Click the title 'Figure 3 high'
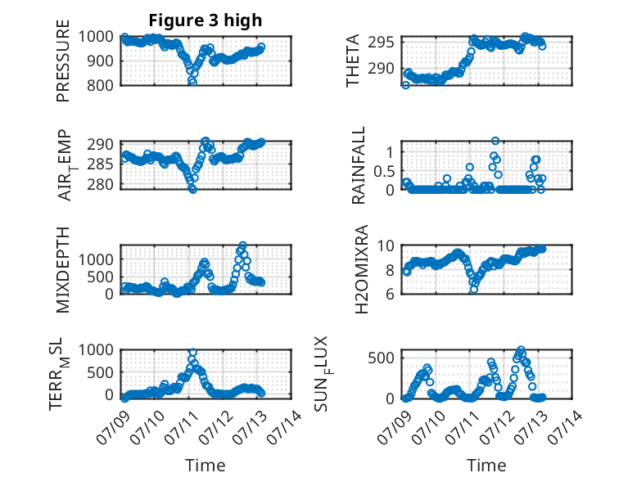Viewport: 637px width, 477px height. pos(206,20)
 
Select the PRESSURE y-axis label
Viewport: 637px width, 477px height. pos(63,61)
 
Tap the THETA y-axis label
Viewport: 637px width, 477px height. pos(353,61)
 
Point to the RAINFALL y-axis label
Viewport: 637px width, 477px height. pos(359,165)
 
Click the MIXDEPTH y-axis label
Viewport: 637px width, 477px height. pos(63,270)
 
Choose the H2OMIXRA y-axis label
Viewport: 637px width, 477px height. pos(361,269)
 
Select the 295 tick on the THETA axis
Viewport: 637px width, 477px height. pos(382,43)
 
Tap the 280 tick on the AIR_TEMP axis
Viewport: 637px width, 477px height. pos(100,185)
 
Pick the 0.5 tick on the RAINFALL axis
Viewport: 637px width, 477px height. pos(384,171)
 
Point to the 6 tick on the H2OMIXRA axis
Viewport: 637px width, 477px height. pos(390,294)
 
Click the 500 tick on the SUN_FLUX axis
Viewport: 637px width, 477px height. pos(382,358)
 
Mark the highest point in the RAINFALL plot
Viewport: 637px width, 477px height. pos(495,141)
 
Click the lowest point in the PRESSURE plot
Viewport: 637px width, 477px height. pos(192,82)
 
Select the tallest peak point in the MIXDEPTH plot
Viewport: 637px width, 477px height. pos(242,245)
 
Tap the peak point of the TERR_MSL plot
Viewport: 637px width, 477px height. pos(193,352)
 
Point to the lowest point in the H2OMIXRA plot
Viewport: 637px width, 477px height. pos(474,289)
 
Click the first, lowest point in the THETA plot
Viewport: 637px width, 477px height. pos(405,85)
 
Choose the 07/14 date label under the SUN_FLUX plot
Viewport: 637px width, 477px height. pos(565,427)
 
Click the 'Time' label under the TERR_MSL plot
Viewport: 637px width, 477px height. pos(206,466)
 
